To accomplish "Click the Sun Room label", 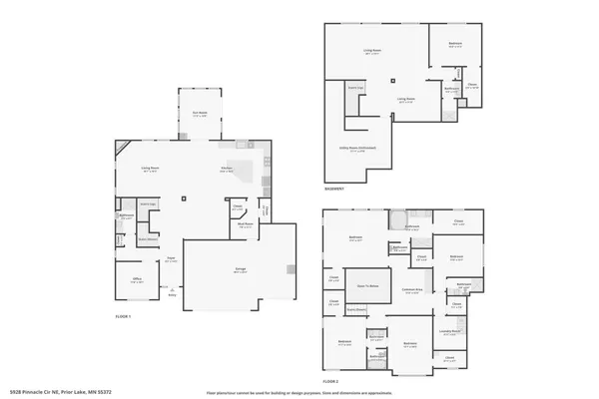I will tap(199, 112).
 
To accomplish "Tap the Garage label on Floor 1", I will tap(241, 270).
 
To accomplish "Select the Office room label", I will tap(138, 280).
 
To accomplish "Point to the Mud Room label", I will tap(244, 225).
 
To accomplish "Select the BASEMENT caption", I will tap(335, 189).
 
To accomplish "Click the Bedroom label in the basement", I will tap(454, 44).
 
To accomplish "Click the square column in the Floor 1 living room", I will tap(185, 199).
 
